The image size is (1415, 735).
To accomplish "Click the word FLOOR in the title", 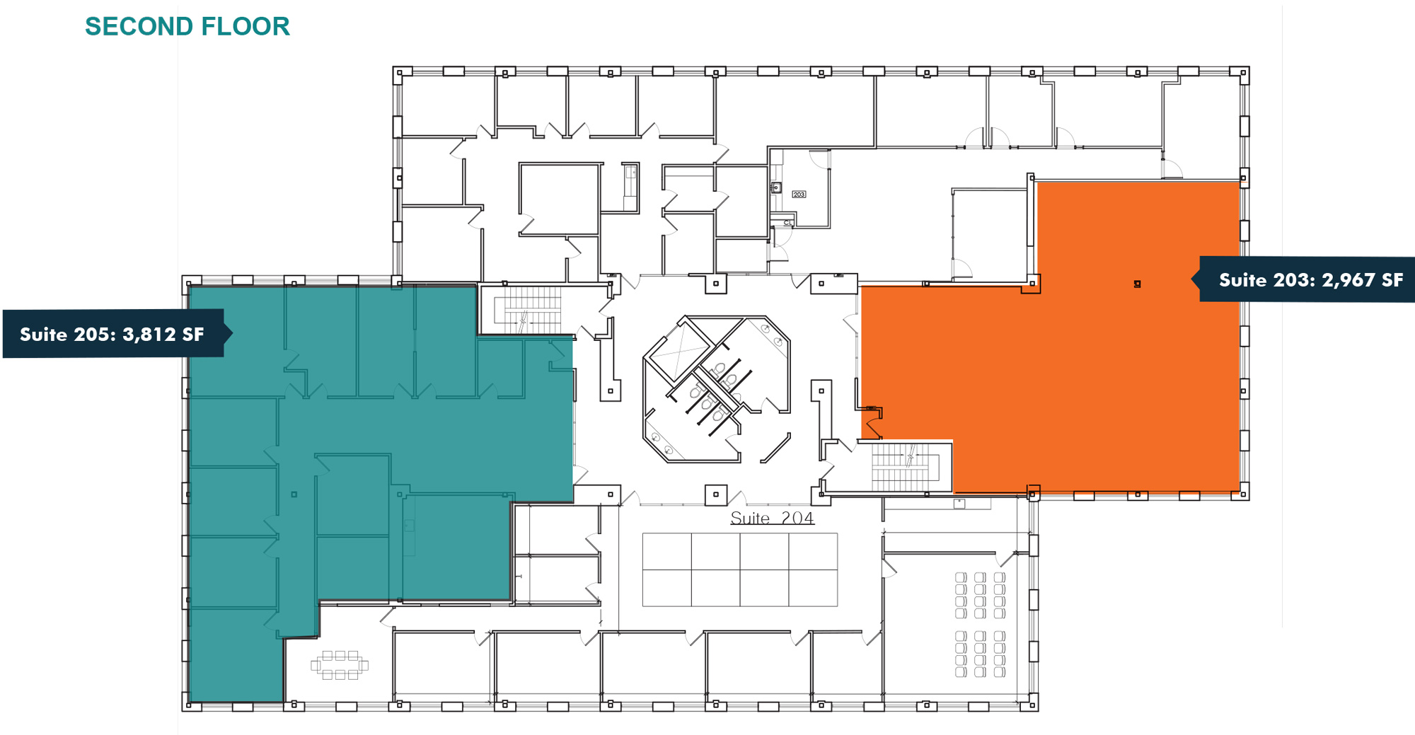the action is tap(246, 26).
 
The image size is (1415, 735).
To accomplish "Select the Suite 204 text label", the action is tap(772, 519).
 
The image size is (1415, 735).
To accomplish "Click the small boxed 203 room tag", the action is tap(799, 194).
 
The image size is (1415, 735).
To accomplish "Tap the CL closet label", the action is tap(787, 223).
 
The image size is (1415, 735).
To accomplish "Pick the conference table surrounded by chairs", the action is tap(340, 665).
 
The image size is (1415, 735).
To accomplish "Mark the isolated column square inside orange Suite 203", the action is tap(1137, 284).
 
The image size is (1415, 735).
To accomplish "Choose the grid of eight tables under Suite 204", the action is tap(739, 569).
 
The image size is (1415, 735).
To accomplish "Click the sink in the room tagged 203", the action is tap(776, 187).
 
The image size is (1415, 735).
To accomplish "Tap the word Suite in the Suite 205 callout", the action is tap(43, 335).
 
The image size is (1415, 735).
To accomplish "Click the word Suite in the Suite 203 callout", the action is tap(1242, 280).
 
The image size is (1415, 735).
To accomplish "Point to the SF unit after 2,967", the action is tap(1392, 280).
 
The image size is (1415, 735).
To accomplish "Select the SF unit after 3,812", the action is tap(193, 335).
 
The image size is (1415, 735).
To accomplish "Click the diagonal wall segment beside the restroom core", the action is tap(775, 448).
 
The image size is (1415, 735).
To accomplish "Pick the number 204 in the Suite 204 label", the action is tap(797, 519).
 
